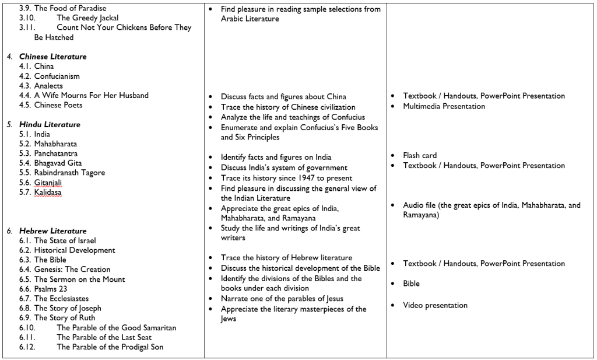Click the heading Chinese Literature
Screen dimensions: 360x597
[52, 57]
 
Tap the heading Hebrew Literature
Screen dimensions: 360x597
[52, 231]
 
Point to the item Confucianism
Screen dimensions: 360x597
[57, 76]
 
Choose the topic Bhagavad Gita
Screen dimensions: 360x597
[58, 163]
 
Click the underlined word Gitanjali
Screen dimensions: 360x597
[49, 183]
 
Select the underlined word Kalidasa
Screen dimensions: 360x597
[48, 192]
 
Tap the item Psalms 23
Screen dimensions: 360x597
[51, 289]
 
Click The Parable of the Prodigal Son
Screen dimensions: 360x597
[110, 347]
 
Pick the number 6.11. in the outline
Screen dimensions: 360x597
[27, 337]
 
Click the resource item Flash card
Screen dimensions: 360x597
[420, 156]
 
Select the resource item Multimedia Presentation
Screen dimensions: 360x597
[444, 106]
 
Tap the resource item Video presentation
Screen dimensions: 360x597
[435, 305]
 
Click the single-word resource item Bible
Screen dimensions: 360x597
[411, 284]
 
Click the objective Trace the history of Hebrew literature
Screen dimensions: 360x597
[286, 258]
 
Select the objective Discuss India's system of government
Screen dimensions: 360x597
[283, 167]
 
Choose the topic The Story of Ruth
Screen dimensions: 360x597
[63, 318]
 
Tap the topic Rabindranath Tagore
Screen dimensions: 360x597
[69, 173]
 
